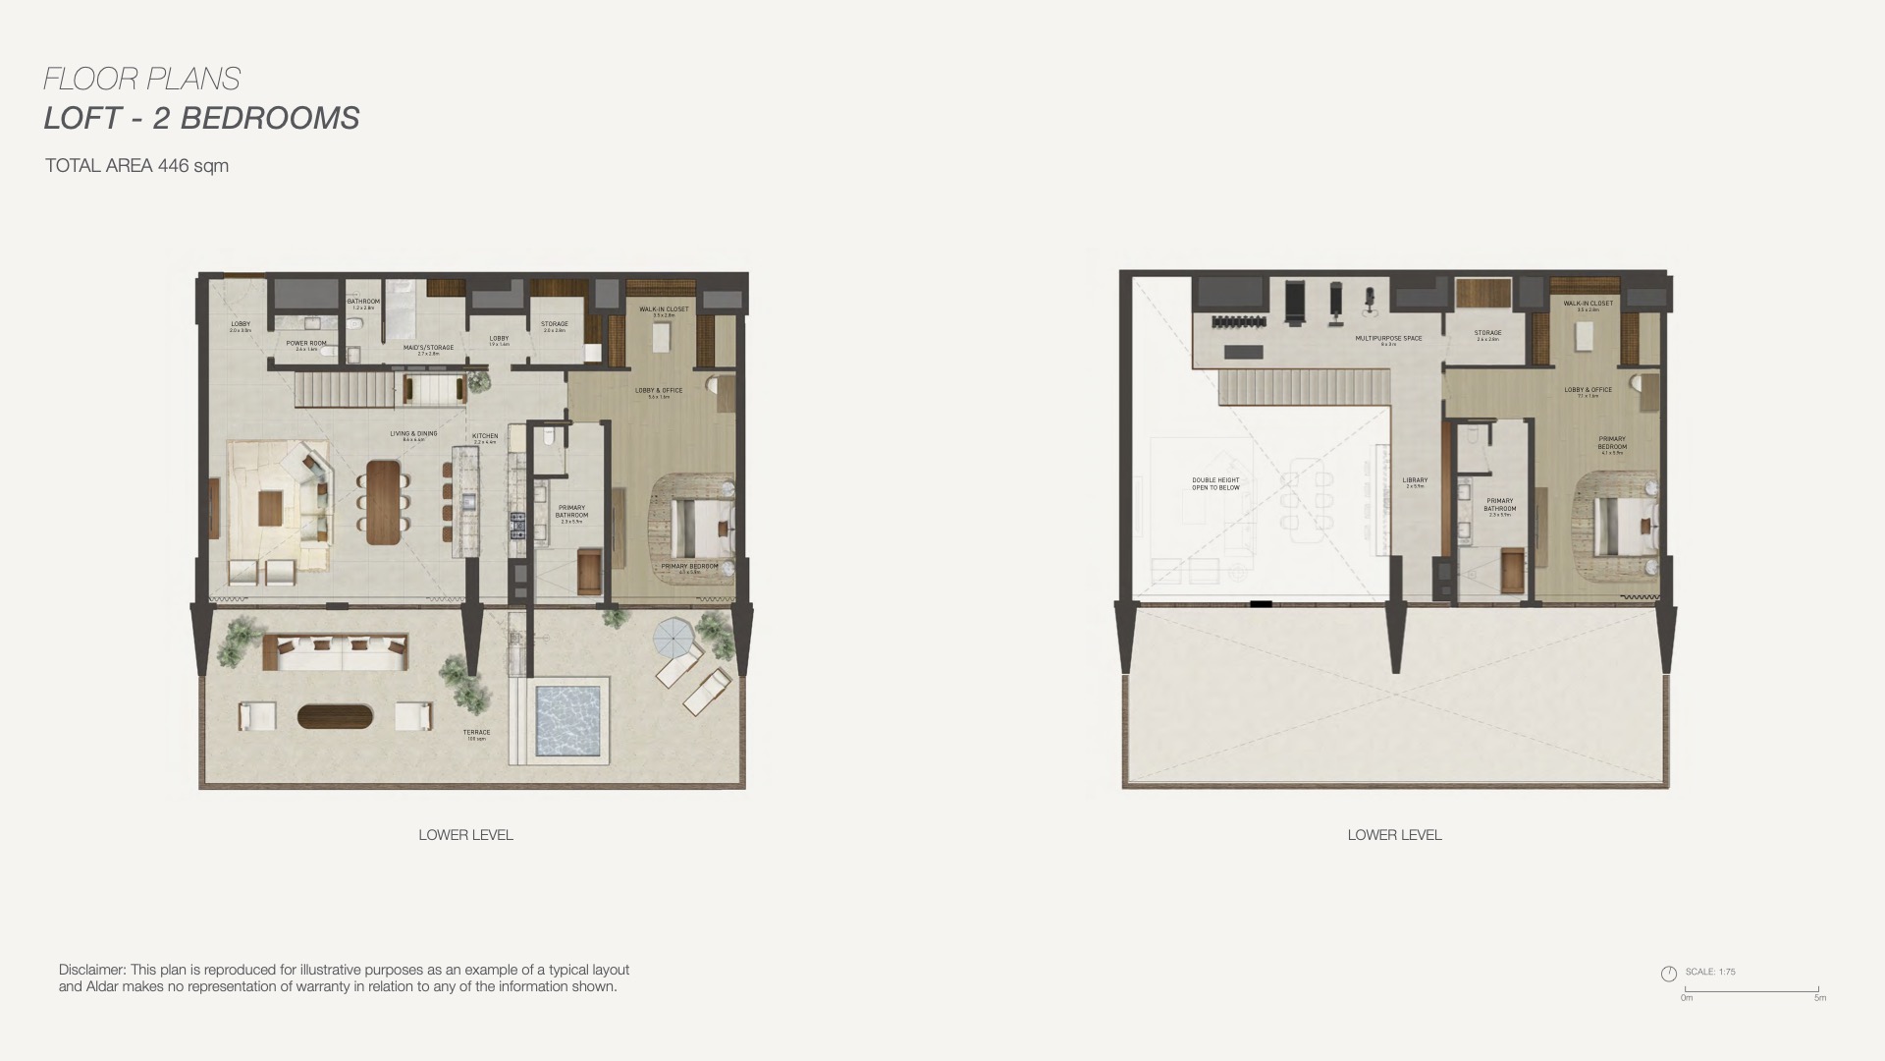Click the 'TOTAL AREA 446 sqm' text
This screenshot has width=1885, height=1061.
(x=136, y=166)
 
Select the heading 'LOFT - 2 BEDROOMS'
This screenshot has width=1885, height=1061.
(x=201, y=118)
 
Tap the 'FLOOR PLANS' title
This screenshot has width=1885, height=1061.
(x=142, y=79)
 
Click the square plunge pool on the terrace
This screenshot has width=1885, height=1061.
(x=567, y=720)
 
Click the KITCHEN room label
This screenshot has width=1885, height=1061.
(x=485, y=436)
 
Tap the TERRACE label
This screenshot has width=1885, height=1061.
(x=476, y=733)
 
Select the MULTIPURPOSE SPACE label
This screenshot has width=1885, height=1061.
(x=1388, y=339)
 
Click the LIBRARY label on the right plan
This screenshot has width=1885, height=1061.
(x=1415, y=481)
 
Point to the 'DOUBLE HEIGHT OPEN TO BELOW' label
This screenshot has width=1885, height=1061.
(x=1215, y=484)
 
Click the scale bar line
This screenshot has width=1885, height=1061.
(x=1751, y=990)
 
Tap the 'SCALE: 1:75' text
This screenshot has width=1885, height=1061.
(x=1710, y=972)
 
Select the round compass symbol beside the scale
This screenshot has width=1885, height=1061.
(x=1668, y=974)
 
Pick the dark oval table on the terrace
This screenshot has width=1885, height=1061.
(x=335, y=716)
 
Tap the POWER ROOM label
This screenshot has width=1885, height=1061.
(x=306, y=344)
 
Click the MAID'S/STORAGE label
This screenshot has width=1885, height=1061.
(x=428, y=347)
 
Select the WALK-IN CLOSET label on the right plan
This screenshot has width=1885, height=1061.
(x=1588, y=304)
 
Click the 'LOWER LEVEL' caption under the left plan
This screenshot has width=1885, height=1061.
(x=465, y=835)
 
